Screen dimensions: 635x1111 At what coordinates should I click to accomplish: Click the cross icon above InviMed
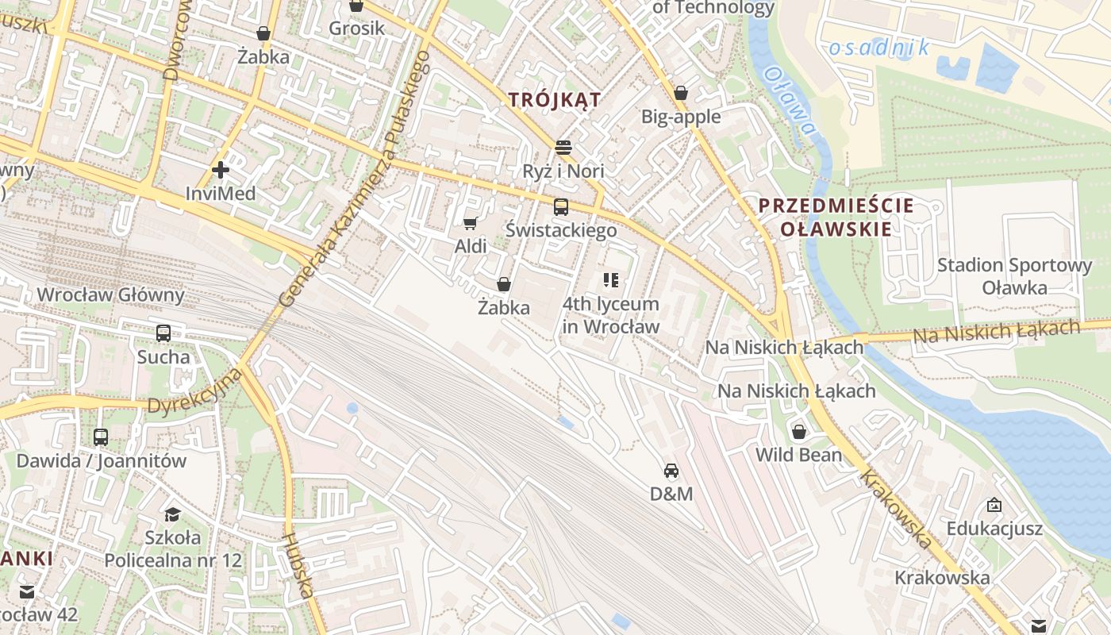(x=221, y=169)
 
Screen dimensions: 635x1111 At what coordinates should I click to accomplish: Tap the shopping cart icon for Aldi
(x=470, y=223)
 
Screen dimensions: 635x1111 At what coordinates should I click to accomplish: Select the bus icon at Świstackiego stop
(x=561, y=207)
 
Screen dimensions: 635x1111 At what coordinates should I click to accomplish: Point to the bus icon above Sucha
(x=163, y=333)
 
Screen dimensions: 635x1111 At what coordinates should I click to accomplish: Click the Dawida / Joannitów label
(x=102, y=460)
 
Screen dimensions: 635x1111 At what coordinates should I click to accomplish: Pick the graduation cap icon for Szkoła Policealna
(x=172, y=514)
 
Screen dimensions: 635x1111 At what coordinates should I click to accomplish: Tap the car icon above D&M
(x=671, y=471)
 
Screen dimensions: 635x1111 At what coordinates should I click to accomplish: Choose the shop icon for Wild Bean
(x=799, y=432)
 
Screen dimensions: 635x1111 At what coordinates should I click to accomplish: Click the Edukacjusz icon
(x=994, y=505)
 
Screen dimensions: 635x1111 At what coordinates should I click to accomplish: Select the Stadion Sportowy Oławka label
(x=1014, y=276)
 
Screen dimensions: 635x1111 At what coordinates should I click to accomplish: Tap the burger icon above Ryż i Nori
(x=563, y=148)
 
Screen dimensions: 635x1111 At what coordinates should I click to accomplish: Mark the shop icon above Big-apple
(x=680, y=93)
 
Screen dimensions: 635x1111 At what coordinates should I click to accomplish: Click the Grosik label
(x=357, y=29)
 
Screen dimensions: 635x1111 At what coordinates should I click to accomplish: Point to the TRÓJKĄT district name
(x=555, y=100)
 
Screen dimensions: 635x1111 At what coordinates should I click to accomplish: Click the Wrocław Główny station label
(x=110, y=295)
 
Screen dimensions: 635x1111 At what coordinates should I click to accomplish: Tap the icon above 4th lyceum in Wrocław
(x=610, y=279)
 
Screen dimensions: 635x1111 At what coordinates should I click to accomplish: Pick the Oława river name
(x=790, y=101)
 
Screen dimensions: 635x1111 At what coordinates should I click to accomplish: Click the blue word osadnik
(x=879, y=48)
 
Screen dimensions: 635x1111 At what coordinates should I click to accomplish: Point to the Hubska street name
(x=297, y=564)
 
